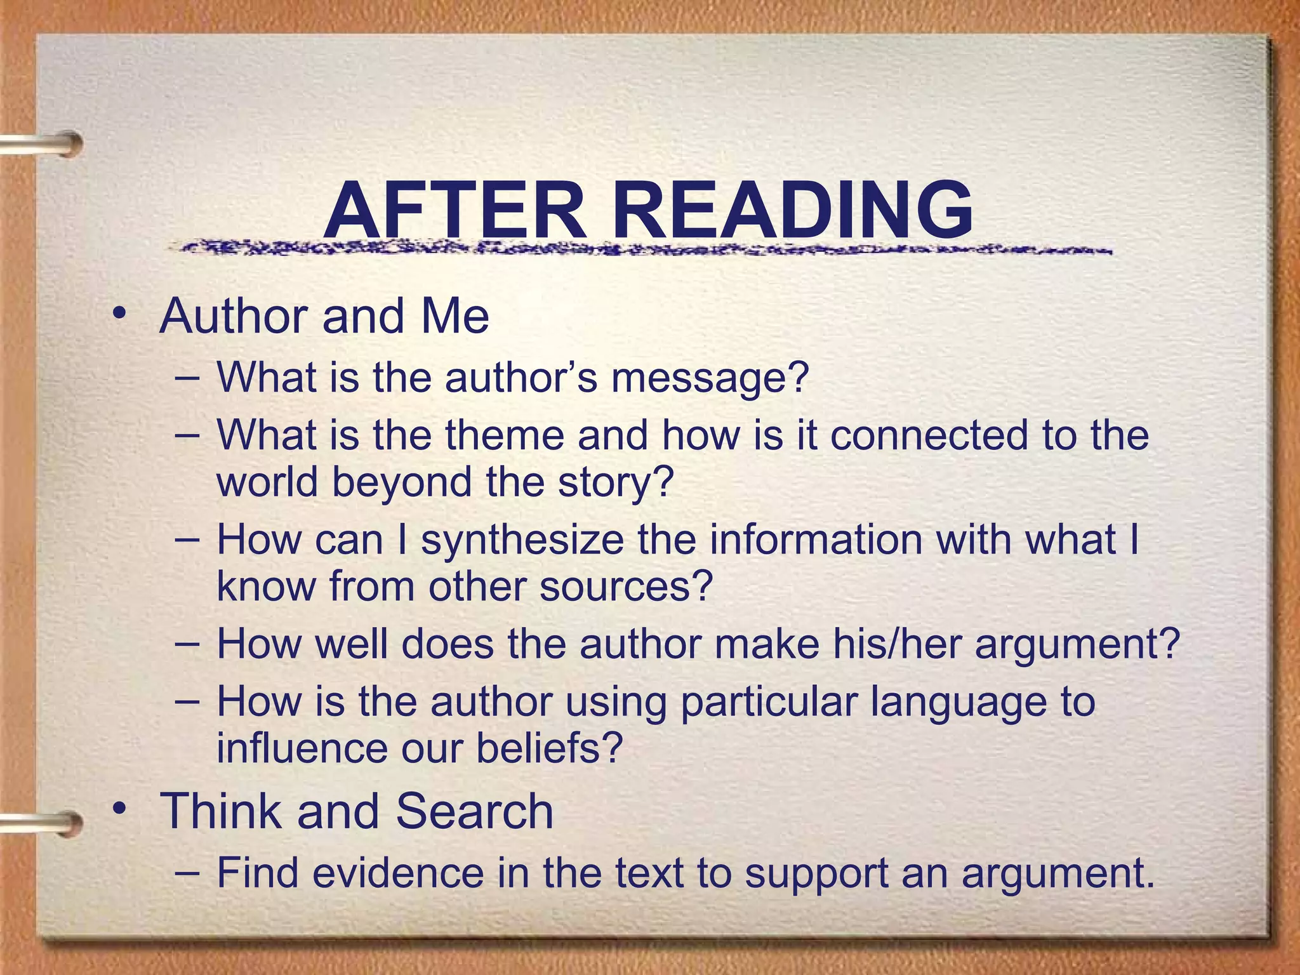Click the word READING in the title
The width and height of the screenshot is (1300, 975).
793,209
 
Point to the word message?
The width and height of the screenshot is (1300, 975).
710,378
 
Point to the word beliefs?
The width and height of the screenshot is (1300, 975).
550,748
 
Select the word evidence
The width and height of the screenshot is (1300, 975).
398,873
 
